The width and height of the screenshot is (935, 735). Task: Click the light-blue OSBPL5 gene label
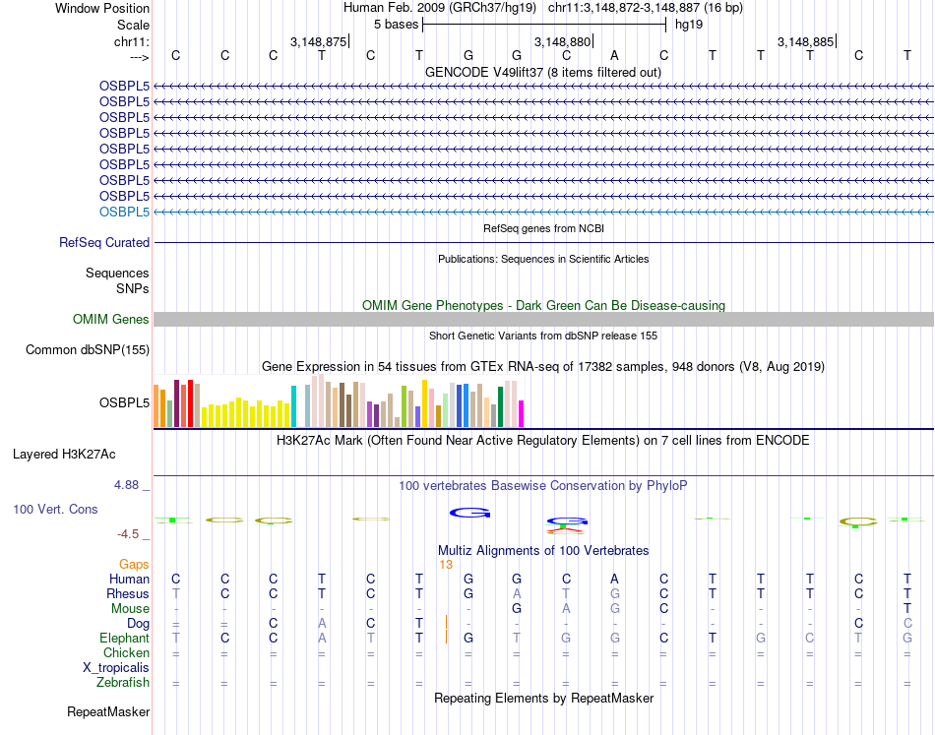click(x=124, y=212)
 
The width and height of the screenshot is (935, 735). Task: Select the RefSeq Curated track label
click(x=104, y=242)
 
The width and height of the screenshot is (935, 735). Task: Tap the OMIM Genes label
click(x=111, y=319)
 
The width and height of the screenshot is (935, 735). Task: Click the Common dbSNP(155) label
click(x=88, y=349)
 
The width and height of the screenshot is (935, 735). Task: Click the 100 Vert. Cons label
click(x=55, y=510)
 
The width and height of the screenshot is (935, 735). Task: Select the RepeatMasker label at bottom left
click(x=108, y=711)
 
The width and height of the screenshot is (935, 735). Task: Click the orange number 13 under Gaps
click(x=446, y=564)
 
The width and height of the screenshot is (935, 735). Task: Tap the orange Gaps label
click(x=134, y=564)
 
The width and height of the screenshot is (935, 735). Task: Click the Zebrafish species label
click(x=123, y=682)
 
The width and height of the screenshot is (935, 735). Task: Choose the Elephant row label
click(x=124, y=638)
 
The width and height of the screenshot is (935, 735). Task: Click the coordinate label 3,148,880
click(x=561, y=41)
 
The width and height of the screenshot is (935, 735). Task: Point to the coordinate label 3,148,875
click(x=318, y=41)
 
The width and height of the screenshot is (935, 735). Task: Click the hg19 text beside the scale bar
click(x=688, y=23)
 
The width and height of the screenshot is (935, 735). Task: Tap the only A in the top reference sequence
click(x=614, y=55)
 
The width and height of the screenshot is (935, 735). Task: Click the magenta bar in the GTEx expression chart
click(x=522, y=413)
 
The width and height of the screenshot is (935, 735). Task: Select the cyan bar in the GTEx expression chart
click(x=294, y=406)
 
